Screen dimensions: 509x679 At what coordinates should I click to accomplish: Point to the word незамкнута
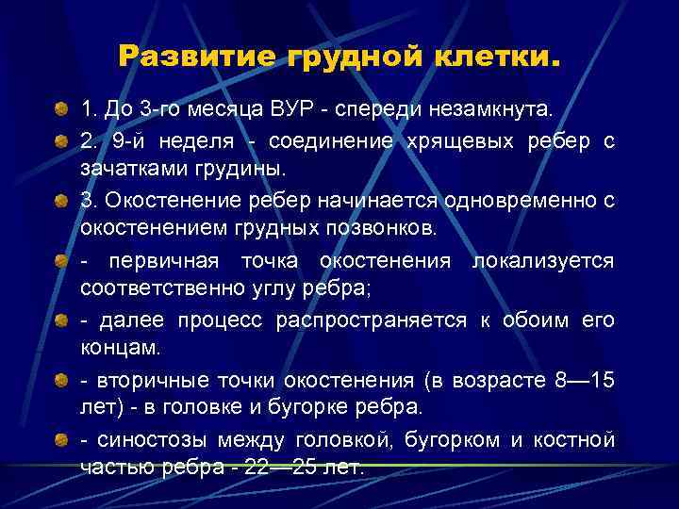click(x=492, y=109)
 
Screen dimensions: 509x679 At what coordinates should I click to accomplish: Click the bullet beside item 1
click(x=61, y=109)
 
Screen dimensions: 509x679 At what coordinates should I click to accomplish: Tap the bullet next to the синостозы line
click(x=61, y=440)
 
